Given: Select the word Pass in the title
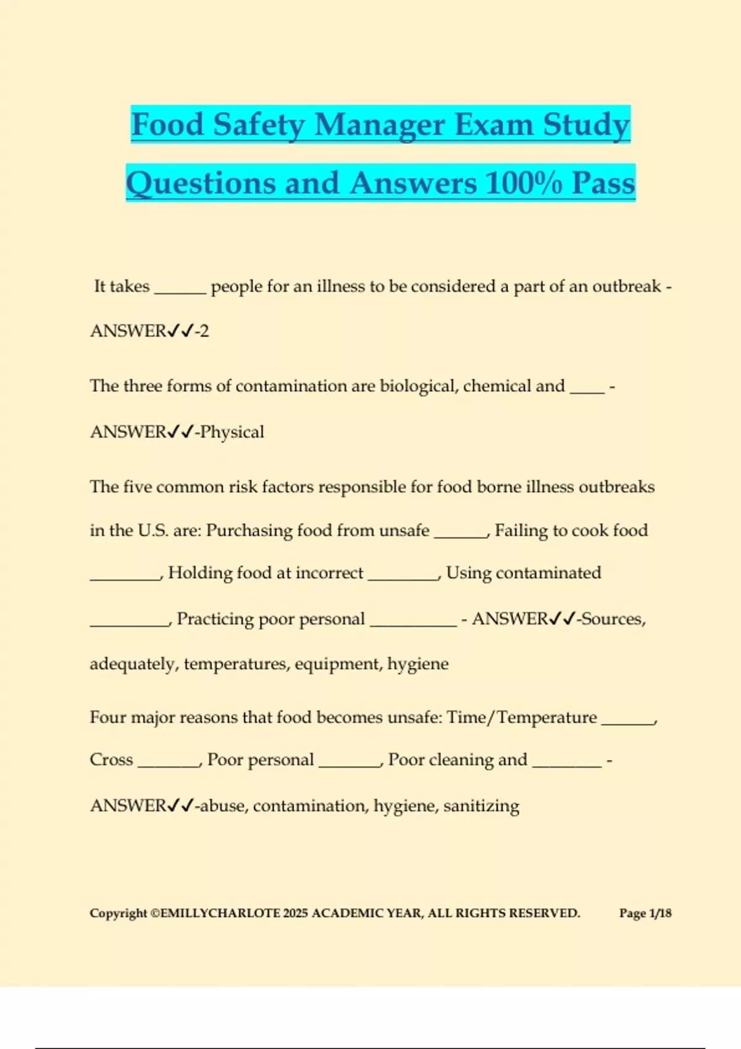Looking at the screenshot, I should tap(603, 184).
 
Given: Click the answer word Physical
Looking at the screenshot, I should tap(232, 432).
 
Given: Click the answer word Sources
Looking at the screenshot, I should tap(613, 619).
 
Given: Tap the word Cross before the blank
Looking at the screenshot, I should tap(111, 760).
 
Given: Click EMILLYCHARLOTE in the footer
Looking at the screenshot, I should tap(220, 913).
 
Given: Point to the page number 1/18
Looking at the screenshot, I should tap(660, 913).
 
